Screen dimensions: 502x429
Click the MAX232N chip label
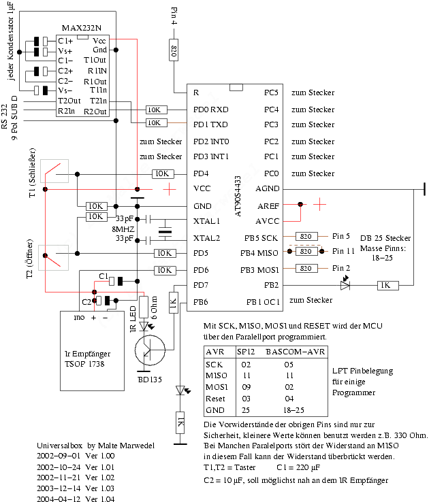click(x=81, y=28)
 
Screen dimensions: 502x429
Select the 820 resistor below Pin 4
click(x=174, y=51)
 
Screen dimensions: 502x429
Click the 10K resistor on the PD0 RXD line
click(x=155, y=110)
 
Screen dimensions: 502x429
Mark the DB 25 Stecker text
click(x=385, y=238)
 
